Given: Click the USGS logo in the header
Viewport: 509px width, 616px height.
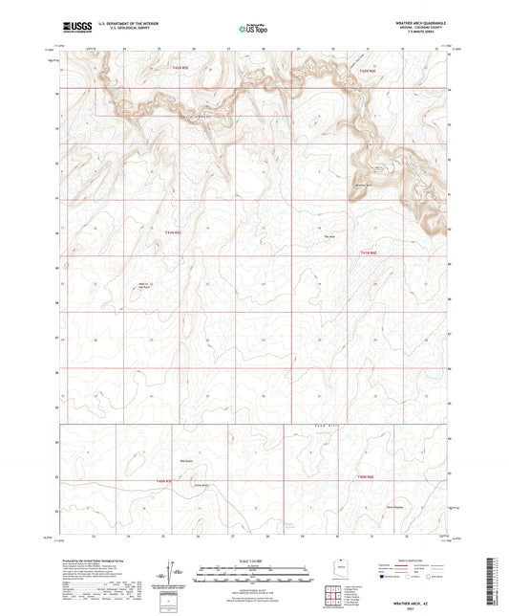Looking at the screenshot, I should (x=74, y=29).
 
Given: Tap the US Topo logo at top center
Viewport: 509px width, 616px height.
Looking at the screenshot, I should (x=254, y=29).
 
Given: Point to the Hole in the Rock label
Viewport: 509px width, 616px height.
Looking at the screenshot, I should (x=146, y=286).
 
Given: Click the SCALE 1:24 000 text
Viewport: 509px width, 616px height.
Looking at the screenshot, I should (x=254, y=561).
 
